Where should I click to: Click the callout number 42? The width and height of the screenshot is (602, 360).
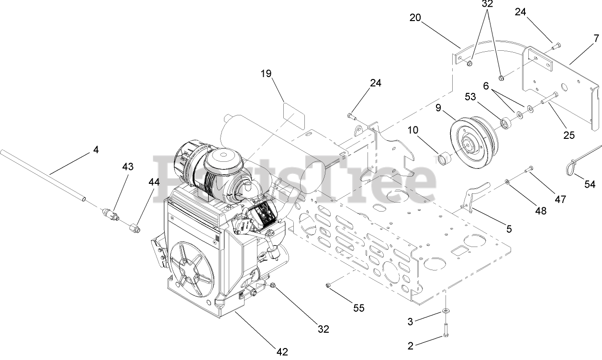click(x=282, y=352)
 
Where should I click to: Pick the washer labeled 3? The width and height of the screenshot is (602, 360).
click(x=446, y=312)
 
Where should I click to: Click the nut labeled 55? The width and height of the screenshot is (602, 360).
click(x=328, y=286)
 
